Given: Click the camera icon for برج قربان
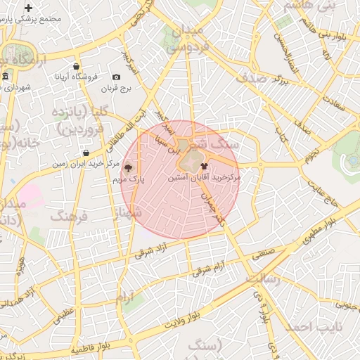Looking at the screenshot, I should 116,77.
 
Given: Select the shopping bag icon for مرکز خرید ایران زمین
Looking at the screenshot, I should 86,153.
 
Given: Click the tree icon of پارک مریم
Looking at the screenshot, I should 127,168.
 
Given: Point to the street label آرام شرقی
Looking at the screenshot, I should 212,268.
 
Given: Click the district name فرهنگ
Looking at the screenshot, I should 68,214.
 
